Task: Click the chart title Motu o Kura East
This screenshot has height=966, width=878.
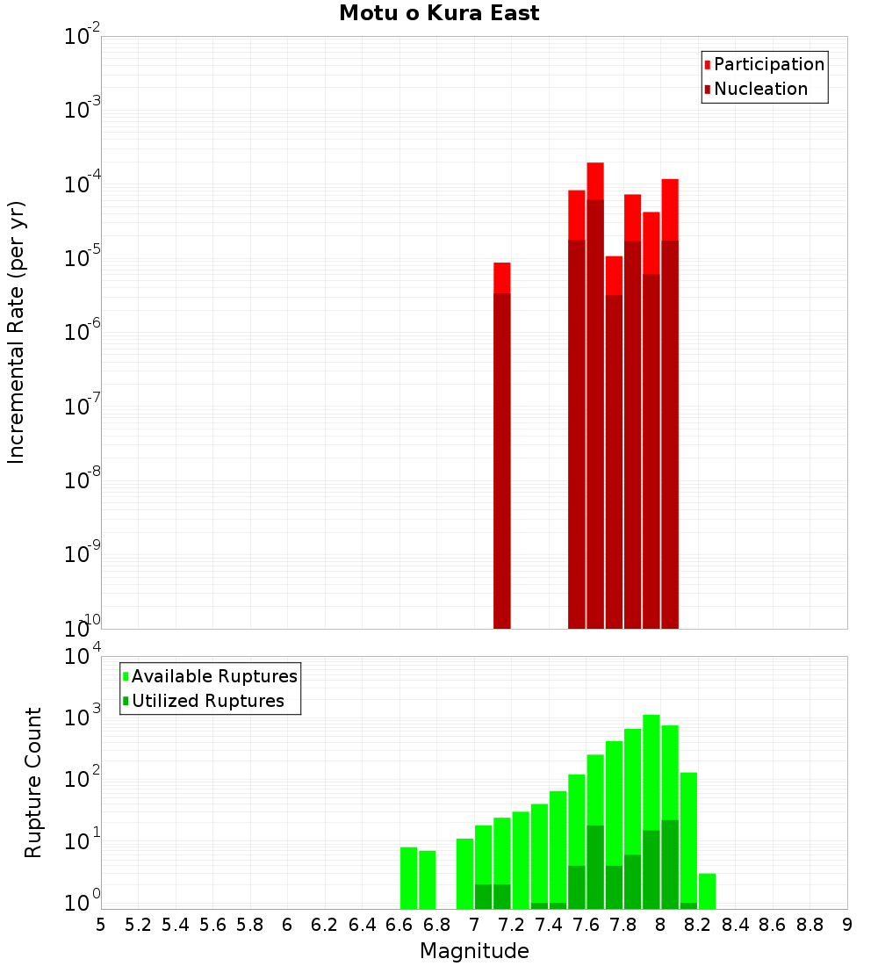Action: (439, 13)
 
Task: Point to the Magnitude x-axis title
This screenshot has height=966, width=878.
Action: (474, 951)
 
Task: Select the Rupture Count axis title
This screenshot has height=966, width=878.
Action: (33, 782)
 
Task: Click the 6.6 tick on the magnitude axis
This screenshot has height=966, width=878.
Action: (399, 925)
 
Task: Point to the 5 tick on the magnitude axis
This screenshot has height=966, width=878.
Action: (101, 925)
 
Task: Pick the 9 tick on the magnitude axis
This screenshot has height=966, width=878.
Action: (847, 925)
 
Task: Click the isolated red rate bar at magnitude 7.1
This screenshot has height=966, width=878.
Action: (501, 439)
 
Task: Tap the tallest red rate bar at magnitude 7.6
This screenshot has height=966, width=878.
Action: (595, 395)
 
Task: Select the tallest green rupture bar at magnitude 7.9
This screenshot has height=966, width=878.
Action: (651, 808)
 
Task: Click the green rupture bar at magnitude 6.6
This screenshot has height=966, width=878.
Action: (408, 878)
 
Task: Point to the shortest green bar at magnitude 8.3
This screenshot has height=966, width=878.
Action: (707, 891)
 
